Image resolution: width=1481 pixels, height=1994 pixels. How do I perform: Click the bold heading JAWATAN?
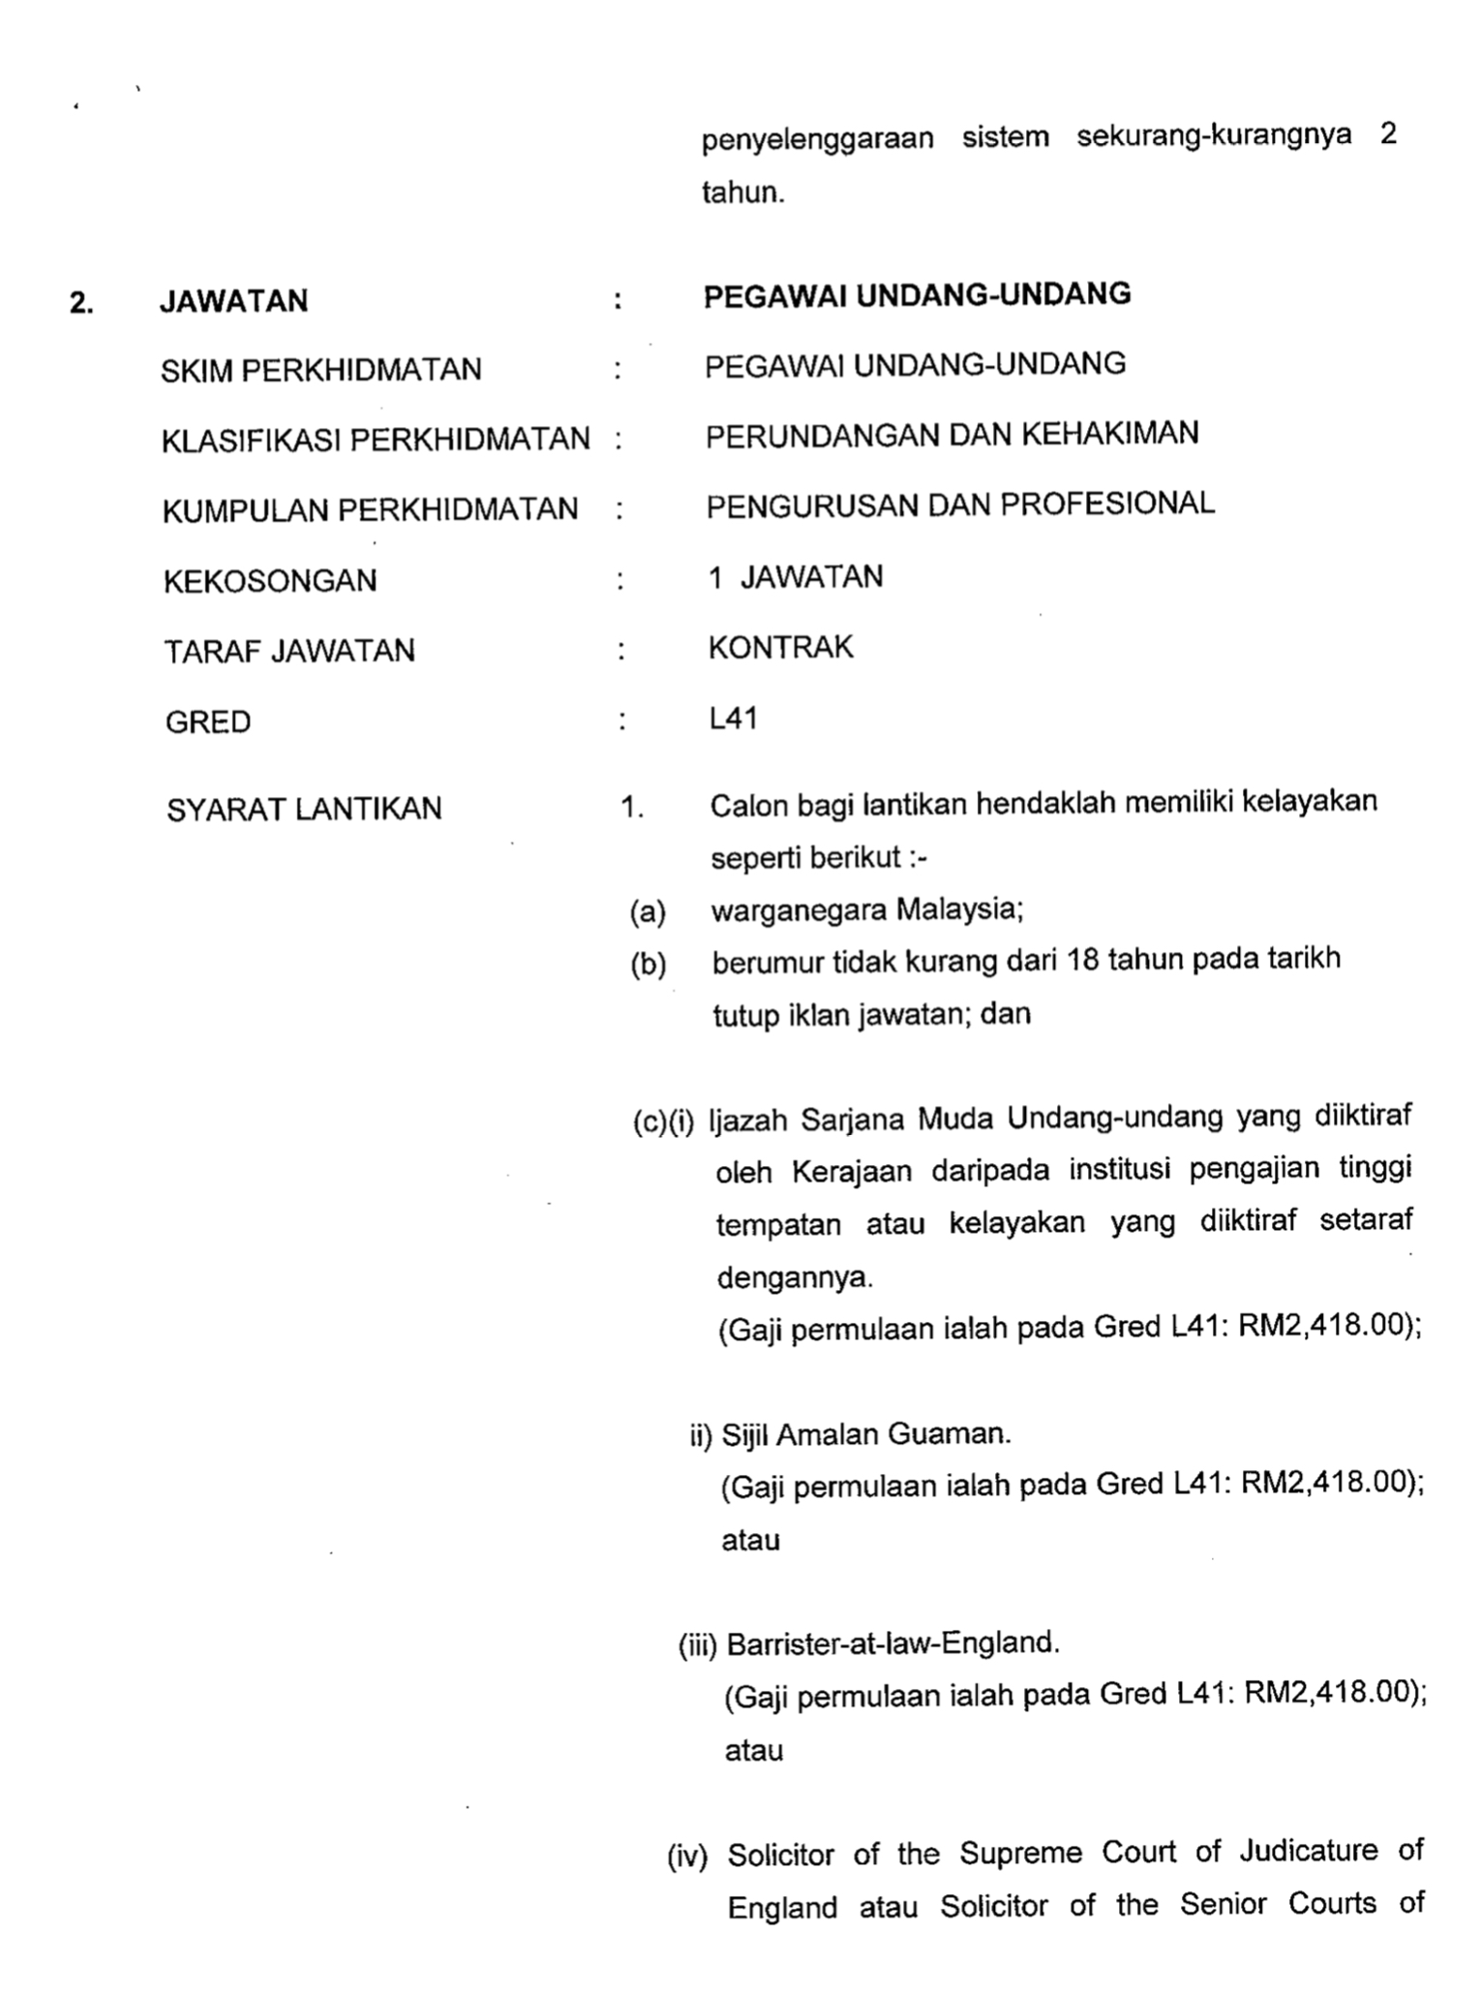pos(233,301)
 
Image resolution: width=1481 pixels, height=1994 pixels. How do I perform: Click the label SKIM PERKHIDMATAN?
pos(320,370)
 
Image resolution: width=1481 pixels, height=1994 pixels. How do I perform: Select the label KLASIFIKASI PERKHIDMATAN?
pos(376,440)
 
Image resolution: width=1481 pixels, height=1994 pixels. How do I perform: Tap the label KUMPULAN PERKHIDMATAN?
pos(370,509)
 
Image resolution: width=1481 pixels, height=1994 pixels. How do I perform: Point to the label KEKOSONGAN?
pos(270,581)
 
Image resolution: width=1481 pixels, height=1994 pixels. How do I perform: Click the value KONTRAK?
pos(780,647)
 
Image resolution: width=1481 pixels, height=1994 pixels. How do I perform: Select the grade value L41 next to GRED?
pos(733,719)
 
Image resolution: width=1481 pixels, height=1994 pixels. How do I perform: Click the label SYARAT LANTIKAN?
pos(304,809)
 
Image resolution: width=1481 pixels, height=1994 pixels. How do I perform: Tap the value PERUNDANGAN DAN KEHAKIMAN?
pos(952,434)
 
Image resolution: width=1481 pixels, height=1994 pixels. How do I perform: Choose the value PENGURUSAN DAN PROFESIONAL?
pos(960,505)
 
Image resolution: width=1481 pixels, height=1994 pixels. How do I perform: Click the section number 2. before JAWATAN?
pos(81,303)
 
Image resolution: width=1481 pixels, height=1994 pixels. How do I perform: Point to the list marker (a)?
pos(648,911)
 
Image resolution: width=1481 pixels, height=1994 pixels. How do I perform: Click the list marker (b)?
pos(649,965)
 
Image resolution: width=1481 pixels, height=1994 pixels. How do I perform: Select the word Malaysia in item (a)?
pos(959,909)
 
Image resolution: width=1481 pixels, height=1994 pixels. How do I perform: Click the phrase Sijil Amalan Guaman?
pos(866,1434)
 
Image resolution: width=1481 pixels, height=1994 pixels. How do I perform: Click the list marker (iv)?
pos(687,1856)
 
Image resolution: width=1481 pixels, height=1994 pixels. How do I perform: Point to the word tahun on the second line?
pos(742,193)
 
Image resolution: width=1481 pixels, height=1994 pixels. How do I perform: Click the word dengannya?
pos(795,1277)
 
